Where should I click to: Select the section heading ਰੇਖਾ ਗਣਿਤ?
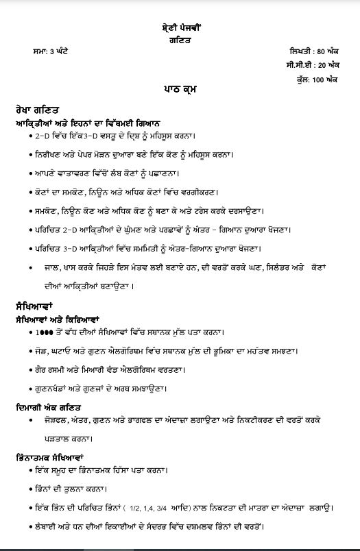(x=37, y=109)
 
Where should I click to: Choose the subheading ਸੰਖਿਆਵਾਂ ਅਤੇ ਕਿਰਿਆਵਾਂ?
(x=58, y=318)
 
